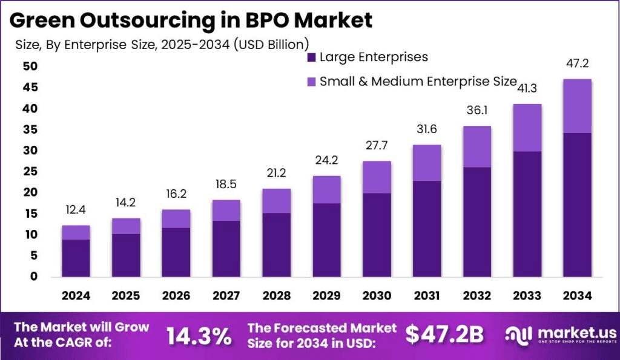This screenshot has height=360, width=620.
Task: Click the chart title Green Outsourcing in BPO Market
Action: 191,21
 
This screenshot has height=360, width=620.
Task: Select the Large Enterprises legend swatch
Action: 312,58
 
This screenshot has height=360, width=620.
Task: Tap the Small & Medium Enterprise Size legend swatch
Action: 312,81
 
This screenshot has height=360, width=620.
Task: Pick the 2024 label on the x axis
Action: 76,295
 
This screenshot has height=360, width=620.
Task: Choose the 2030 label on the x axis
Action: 377,295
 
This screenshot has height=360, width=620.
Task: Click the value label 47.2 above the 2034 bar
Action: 577,63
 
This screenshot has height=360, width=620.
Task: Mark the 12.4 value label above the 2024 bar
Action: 76,210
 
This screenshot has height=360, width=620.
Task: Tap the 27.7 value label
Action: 377,145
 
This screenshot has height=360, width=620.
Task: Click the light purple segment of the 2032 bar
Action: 477,146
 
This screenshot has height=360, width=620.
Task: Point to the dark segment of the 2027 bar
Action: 226,248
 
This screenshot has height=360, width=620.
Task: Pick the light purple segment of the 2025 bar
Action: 126,226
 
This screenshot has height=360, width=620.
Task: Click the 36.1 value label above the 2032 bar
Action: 477,111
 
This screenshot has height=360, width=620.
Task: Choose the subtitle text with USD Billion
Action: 162,44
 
